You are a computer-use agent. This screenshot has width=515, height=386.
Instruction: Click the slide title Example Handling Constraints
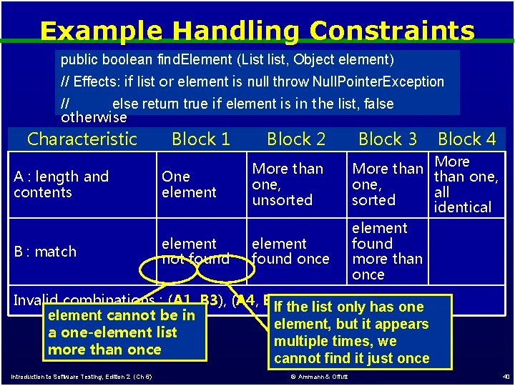(x=257, y=31)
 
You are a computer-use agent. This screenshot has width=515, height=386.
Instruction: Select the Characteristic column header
(x=82, y=139)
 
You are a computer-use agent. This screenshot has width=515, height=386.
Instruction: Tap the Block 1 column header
(x=201, y=139)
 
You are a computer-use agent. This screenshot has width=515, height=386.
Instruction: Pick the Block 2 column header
(x=296, y=139)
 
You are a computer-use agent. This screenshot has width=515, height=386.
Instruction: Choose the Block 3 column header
(x=387, y=139)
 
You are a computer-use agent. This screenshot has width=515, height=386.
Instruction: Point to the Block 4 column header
(x=466, y=139)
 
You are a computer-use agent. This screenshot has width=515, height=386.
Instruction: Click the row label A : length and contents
(x=62, y=184)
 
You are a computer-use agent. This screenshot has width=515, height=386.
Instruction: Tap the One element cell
(x=189, y=184)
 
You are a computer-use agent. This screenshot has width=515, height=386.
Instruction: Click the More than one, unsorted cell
(x=288, y=184)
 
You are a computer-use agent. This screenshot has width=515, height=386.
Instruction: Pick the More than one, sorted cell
(x=388, y=184)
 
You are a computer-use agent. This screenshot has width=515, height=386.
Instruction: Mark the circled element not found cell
(x=195, y=252)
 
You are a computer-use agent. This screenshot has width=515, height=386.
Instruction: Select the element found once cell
(x=290, y=252)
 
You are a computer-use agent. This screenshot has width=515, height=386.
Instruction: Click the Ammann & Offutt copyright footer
(x=319, y=377)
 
